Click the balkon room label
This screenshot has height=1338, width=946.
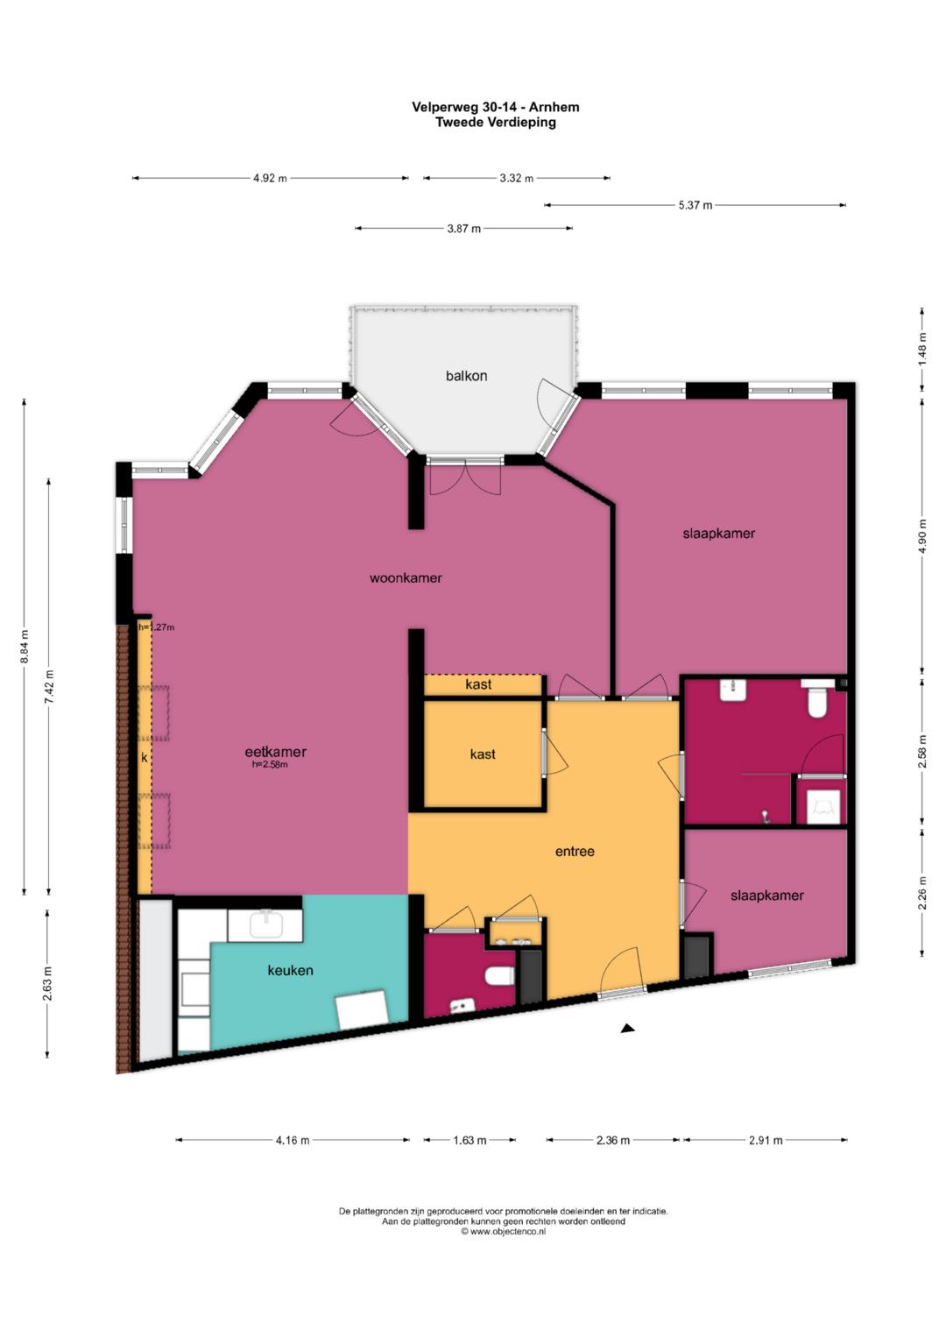(466, 376)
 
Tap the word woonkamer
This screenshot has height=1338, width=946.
(406, 577)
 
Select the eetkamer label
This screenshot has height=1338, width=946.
(276, 752)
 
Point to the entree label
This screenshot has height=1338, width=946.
(575, 851)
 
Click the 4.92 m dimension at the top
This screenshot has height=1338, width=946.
(270, 178)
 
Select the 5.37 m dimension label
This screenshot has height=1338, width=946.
(695, 206)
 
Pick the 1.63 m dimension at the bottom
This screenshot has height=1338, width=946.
(470, 1140)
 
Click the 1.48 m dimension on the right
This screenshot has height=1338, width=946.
(922, 350)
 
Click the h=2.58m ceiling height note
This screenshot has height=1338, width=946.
(270, 765)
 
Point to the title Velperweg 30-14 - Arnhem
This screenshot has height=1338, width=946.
(496, 107)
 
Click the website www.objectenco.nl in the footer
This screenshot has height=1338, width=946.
(504, 1232)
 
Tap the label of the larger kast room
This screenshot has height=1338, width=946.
(483, 754)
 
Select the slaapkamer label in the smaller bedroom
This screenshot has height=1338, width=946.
(766, 896)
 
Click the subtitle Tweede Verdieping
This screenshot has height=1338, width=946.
(496, 123)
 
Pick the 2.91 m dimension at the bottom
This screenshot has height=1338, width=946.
(766, 1140)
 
